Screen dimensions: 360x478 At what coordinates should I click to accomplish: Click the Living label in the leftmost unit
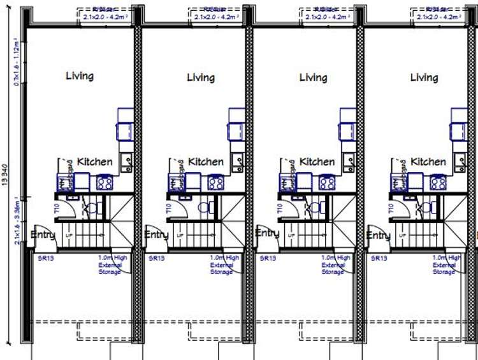tap(80, 76)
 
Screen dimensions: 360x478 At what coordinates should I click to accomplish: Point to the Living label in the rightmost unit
tap(424, 78)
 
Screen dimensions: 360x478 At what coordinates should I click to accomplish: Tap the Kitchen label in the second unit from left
tap(206, 162)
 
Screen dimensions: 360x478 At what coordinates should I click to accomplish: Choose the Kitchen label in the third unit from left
tap(317, 162)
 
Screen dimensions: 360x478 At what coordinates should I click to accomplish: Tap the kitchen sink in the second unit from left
tap(236, 160)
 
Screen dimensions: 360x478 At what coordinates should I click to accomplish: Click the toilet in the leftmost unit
tap(91, 207)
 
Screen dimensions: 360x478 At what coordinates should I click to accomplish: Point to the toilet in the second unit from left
tap(203, 207)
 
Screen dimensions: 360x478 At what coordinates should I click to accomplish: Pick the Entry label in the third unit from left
tap(267, 233)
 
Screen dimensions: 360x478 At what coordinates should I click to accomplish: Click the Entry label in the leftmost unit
tap(43, 234)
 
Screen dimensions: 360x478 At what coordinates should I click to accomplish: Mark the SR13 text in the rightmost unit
tap(378, 259)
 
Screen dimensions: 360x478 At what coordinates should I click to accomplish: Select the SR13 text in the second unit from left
tap(156, 259)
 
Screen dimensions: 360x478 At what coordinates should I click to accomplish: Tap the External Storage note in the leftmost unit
tap(109, 265)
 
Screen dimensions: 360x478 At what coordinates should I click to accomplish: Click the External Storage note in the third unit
tap(333, 265)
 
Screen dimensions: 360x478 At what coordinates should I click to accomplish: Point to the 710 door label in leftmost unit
tap(57, 207)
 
